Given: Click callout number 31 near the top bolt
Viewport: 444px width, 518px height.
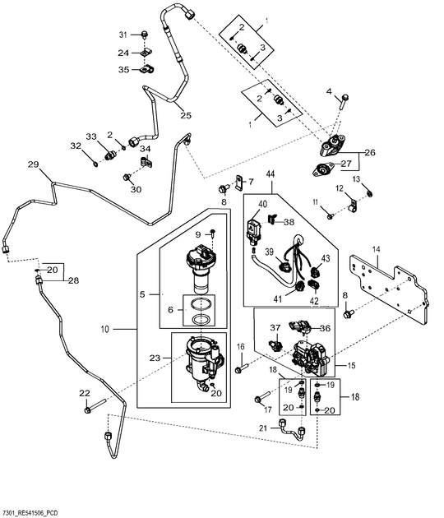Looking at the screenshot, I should click(x=124, y=35).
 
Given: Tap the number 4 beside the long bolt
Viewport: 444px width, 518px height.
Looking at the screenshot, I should click(x=329, y=91).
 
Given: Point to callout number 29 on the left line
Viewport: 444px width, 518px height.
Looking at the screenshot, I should click(x=33, y=165).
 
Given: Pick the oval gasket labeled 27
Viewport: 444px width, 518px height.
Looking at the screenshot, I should click(x=320, y=170).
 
